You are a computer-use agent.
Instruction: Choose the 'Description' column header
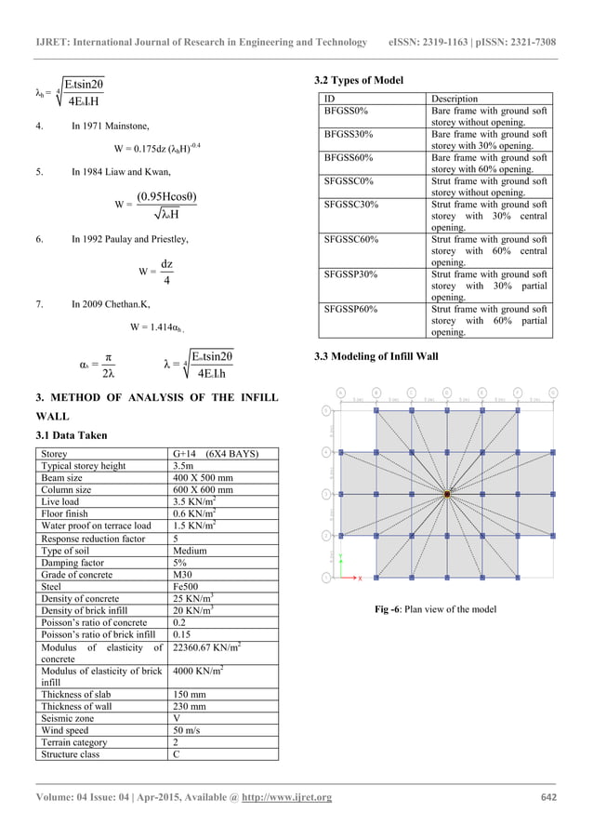pyautogui.click(x=455, y=98)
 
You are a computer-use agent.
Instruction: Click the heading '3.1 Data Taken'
pyautogui.click(x=73, y=435)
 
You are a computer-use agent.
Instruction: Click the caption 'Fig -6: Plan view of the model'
pyautogui.click(x=436, y=609)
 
